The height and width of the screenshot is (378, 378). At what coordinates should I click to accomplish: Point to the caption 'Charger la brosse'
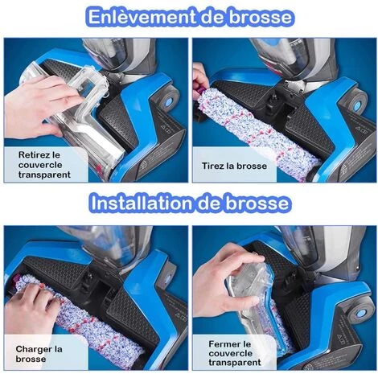[40, 353]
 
